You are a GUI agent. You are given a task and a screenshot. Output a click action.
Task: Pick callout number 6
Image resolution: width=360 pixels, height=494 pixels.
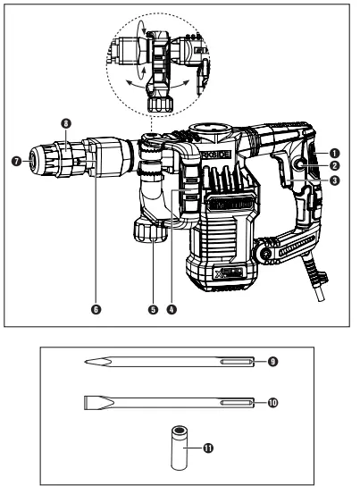96,310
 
